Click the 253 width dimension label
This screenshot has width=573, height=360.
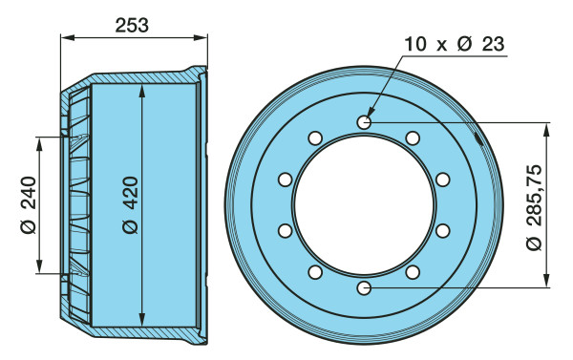tap(132, 26)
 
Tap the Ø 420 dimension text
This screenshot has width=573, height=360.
tap(131, 205)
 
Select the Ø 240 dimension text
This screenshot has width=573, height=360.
tap(29, 205)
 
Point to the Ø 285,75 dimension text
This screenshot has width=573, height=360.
tap(534, 207)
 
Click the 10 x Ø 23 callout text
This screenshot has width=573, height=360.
tap(455, 44)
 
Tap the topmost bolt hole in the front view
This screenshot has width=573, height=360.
tap(364, 122)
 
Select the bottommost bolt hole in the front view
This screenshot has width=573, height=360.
tap(364, 288)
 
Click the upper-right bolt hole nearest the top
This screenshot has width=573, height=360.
tap(413, 138)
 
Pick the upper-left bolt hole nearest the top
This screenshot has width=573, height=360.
tap(315, 138)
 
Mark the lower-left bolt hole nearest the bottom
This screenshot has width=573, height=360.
tap(315, 273)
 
